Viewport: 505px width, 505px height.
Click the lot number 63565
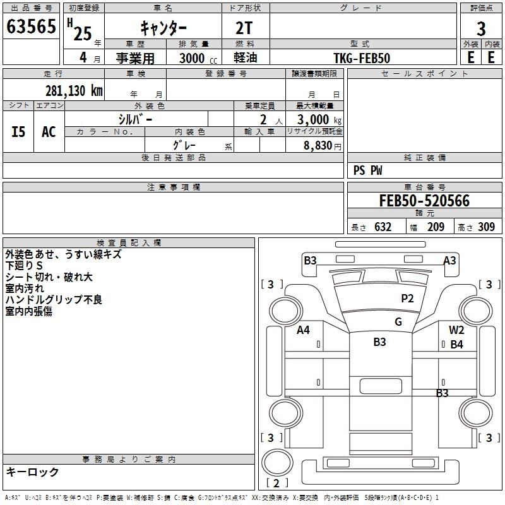[x=31, y=26]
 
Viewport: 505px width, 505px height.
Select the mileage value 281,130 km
[x=74, y=91]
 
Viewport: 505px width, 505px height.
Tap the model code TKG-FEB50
[x=362, y=58]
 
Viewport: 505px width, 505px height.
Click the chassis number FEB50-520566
[x=424, y=201]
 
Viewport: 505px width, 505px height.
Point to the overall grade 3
[x=481, y=29]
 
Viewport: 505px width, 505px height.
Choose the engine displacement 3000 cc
[x=198, y=58]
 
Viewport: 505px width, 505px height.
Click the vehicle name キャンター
[x=163, y=28]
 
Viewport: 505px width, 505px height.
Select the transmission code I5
[x=18, y=132]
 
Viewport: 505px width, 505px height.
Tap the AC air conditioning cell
[x=49, y=132]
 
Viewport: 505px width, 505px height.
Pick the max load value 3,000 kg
[x=319, y=120]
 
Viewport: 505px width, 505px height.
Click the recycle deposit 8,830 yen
[x=323, y=146]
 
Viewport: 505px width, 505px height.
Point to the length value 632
[x=383, y=227]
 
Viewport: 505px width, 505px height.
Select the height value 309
[x=486, y=227]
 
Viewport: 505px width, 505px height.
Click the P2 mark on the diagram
[x=407, y=299]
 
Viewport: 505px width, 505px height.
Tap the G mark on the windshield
[x=398, y=322]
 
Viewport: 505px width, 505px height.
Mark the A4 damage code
[x=303, y=330]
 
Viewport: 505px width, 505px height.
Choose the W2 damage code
[x=456, y=330]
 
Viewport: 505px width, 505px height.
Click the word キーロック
[x=32, y=472]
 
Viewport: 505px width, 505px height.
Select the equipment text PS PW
[x=367, y=170]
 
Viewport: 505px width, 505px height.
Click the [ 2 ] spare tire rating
[x=276, y=483]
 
